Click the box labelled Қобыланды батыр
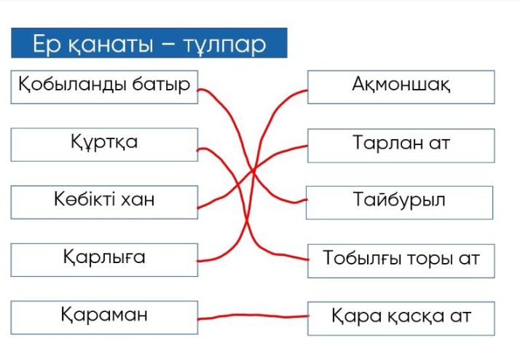[x=104, y=86]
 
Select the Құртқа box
[x=104, y=144]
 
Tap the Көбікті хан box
[x=104, y=200]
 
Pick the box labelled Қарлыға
[x=104, y=259]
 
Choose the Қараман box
[x=104, y=316]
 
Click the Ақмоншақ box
[x=401, y=86]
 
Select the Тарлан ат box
[x=401, y=144]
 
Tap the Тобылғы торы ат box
[x=401, y=259]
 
